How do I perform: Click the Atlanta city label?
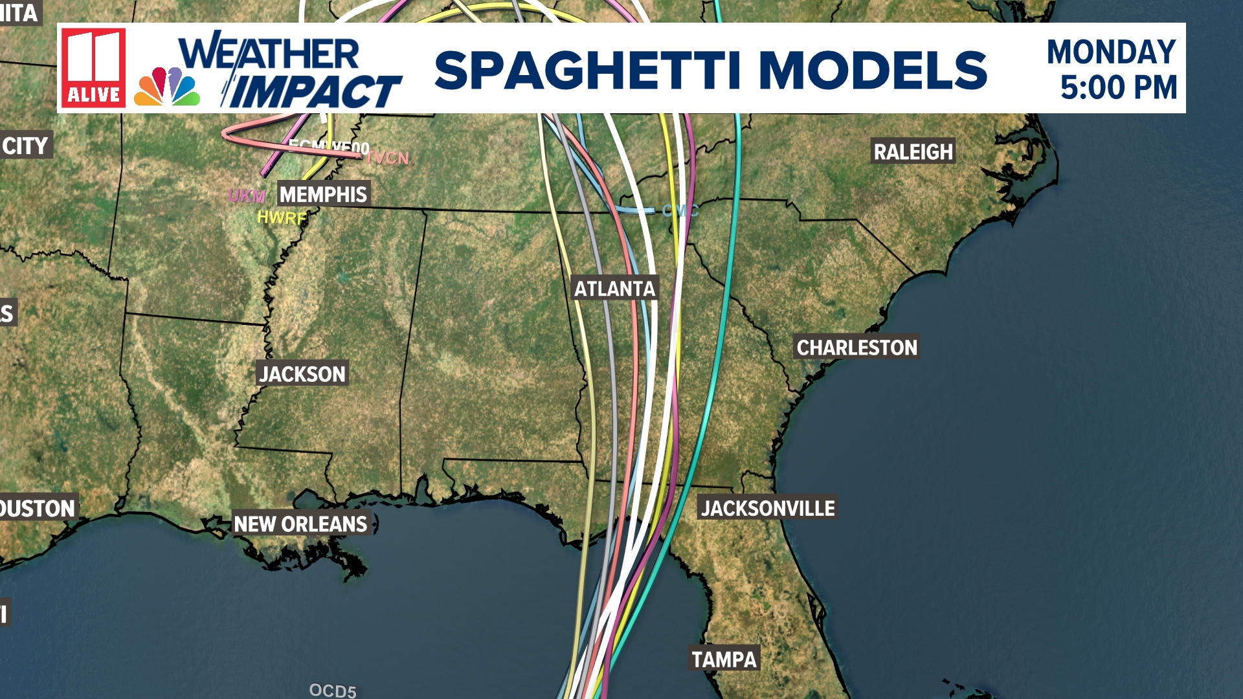pyautogui.click(x=614, y=289)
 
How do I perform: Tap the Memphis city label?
pyautogui.click(x=323, y=194)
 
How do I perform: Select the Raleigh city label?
pyautogui.click(x=913, y=152)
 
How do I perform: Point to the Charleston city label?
pyautogui.click(x=857, y=348)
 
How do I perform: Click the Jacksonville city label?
pyautogui.click(x=768, y=509)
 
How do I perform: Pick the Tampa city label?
pyautogui.click(x=724, y=660)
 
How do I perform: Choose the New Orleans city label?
pyautogui.click(x=300, y=524)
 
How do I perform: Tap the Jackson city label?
pyautogui.click(x=302, y=374)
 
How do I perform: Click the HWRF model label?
pyautogui.click(x=281, y=218)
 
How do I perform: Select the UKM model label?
pyautogui.click(x=247, y=196)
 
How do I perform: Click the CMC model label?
pyautogui.click(x=680, y=211)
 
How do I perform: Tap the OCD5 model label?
pyautogui.click(x=333, y=691)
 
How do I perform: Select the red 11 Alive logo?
pyautogui.click(x=93, y=67)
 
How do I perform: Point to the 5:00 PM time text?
pyautogui.click(x=1118, y=87)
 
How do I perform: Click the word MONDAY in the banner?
pyautogui.click(x=1111, y=52)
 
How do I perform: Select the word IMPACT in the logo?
pyautogui.click(x=315, y=91)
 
